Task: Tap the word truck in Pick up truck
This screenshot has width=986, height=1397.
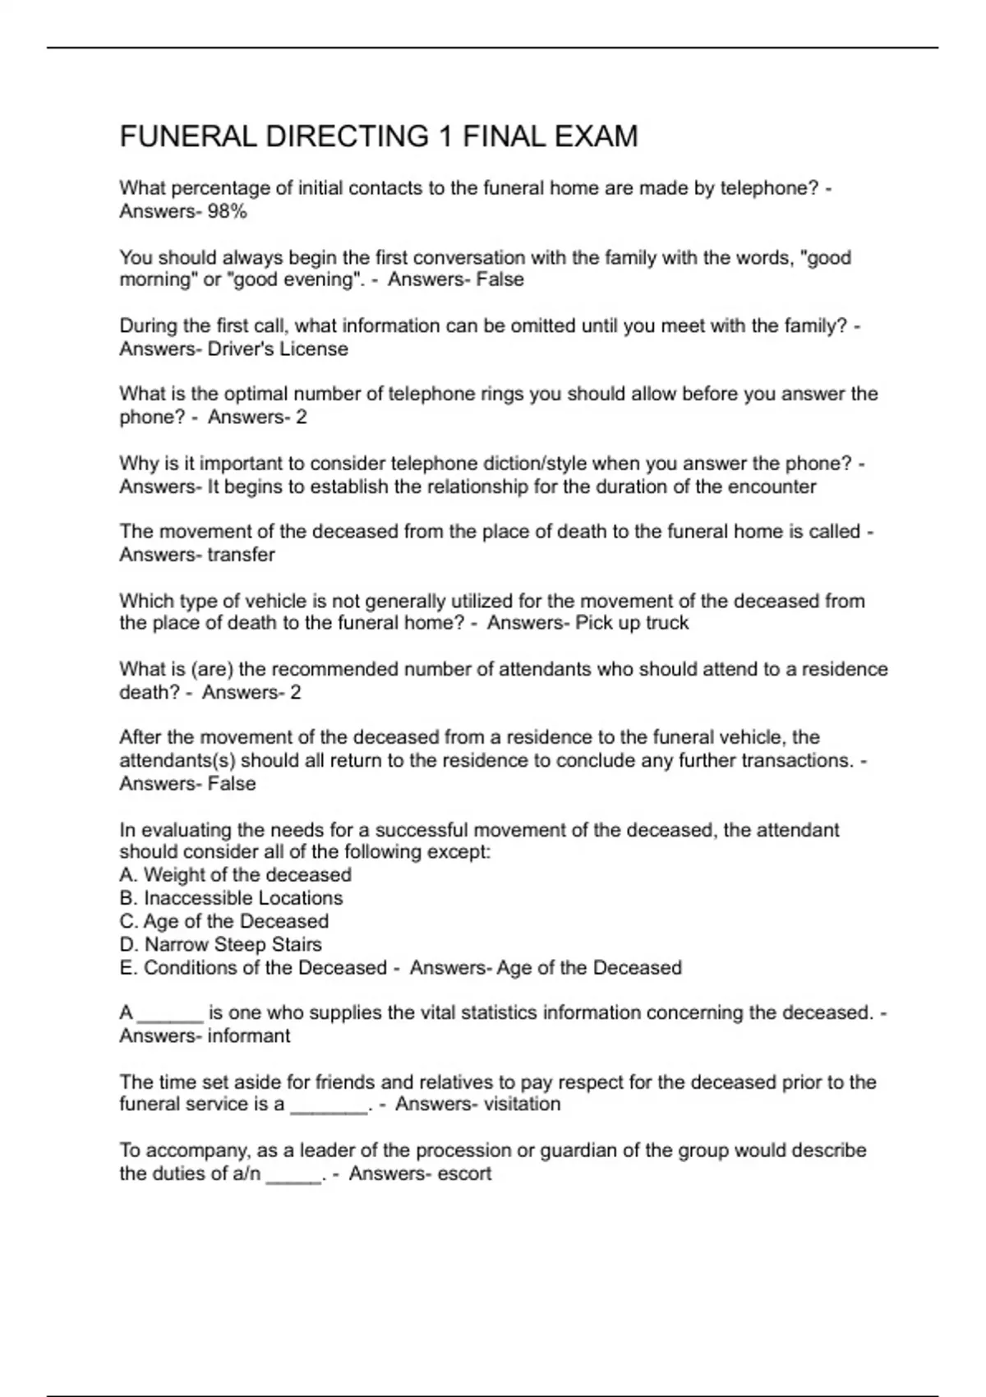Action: (x=666, y=623)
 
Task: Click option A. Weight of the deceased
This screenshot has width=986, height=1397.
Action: (x=236, y=874)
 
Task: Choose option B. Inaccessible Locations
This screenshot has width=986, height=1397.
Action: (x=231, y=897)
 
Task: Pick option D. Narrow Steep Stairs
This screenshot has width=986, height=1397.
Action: (x=220, y=944)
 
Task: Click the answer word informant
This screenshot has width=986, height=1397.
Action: (x=248, y=1035)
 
